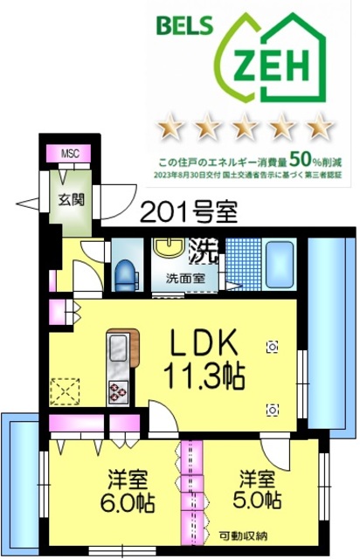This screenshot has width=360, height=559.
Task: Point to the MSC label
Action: [x=69, y=154]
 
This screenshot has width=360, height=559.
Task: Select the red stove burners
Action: [x=116, y=392]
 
